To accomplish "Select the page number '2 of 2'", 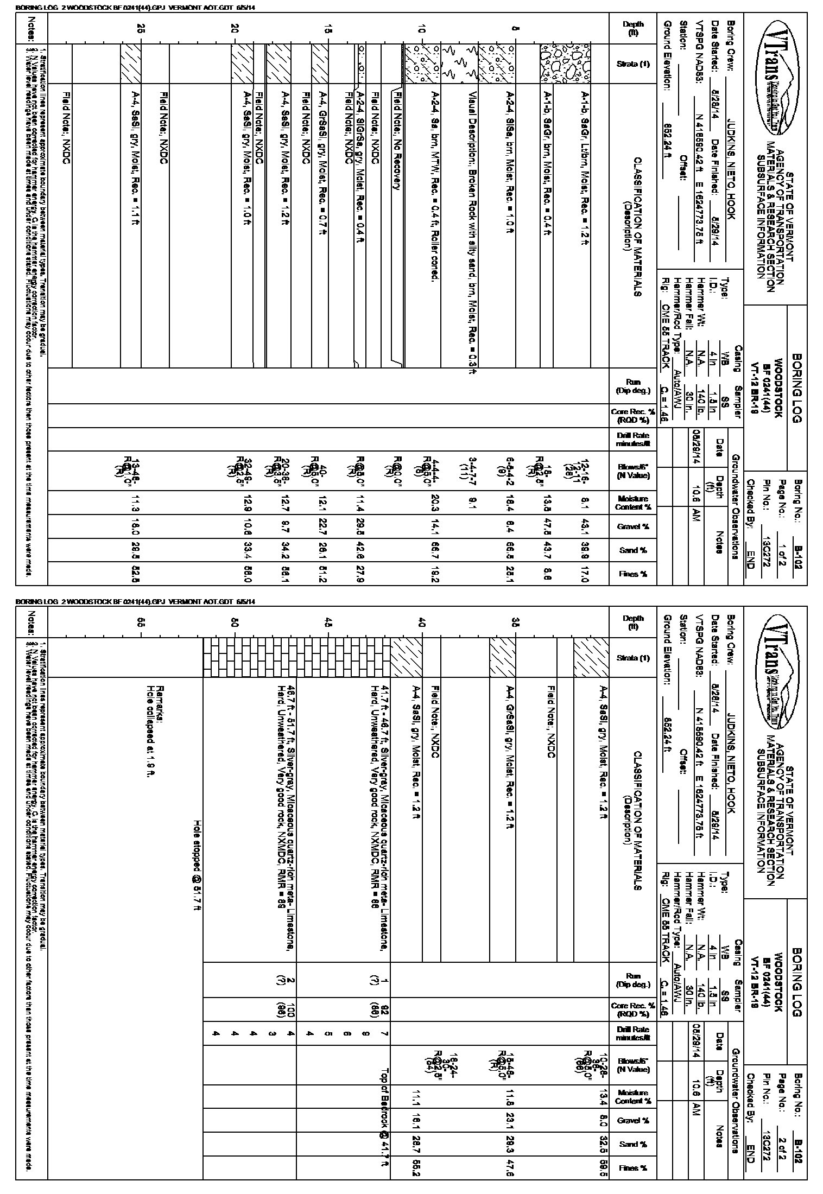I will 783,1148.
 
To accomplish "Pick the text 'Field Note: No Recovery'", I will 397,140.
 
